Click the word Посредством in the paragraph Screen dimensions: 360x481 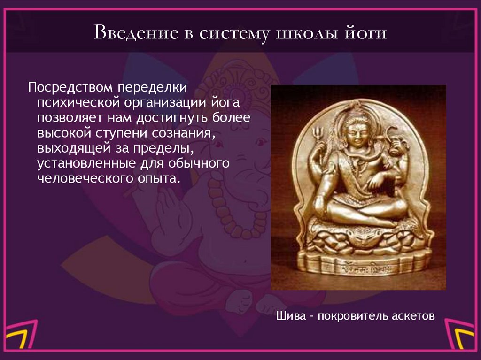tap(70, 88)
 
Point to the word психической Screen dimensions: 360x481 tap(76, 103)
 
